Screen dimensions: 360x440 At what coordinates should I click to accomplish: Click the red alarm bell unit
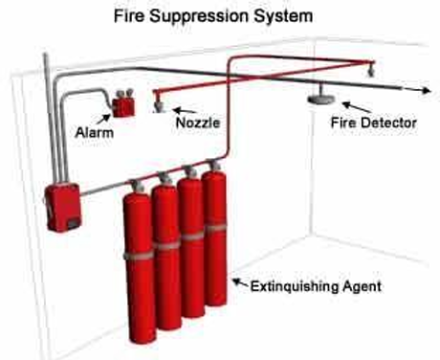122,103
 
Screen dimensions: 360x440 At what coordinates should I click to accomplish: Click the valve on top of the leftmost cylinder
137,187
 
